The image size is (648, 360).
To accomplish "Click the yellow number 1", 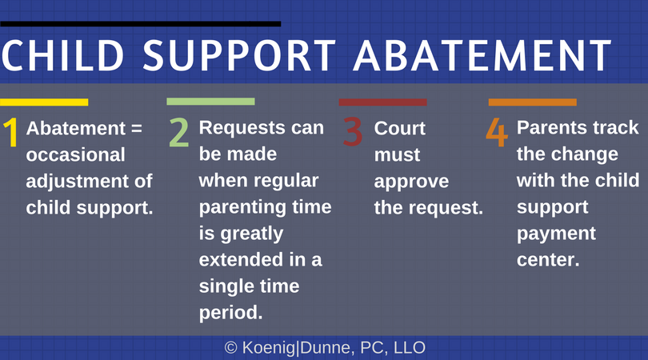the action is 11,132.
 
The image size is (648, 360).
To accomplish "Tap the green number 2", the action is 179,132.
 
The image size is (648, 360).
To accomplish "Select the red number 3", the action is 353,131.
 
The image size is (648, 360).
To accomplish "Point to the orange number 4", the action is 496,132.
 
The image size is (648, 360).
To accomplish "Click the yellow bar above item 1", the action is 44,102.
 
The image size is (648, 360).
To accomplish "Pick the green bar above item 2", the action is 210,102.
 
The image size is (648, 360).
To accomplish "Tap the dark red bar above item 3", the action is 382,102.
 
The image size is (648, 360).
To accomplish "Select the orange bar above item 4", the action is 532,102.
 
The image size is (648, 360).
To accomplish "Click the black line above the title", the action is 141,24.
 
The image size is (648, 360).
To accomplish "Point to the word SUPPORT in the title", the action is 239,55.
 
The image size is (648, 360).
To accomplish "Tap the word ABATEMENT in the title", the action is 482,55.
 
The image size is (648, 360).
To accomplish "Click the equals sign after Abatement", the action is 136,128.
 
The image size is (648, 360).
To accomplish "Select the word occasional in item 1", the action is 76,154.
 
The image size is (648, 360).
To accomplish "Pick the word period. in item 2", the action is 230,313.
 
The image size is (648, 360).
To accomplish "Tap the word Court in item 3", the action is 400,128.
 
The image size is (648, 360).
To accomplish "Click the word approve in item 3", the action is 412,182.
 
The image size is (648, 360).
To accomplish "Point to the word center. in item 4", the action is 548,259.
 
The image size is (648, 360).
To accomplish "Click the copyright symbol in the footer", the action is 230,348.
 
